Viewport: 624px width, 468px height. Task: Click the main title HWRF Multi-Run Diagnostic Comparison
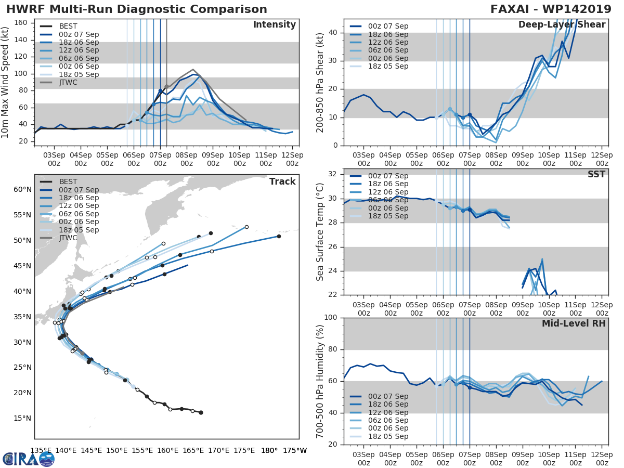[x=137, y=9]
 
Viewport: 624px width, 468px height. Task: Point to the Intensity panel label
[x=274, y=25]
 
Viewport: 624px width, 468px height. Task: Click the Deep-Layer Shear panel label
[x=562, y=25]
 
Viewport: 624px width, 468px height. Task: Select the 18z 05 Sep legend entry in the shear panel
[x=388, y=66]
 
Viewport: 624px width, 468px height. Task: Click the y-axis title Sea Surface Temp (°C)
[x=320, y=232]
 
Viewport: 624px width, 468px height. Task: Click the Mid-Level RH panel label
[x=574, y=323]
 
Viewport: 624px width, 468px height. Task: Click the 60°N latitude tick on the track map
[x=23, y=189]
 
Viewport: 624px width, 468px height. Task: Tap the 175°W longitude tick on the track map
[x=295, y=450]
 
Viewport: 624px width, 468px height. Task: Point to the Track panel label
[x=282, y=181]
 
